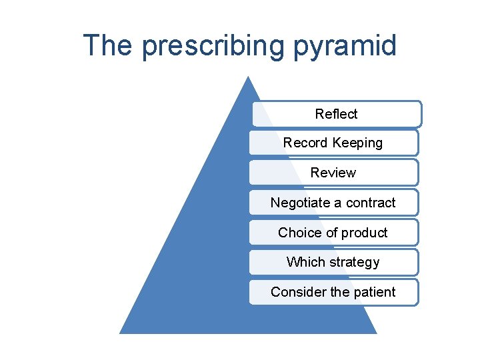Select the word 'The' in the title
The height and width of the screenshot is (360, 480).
(x=108, y=46)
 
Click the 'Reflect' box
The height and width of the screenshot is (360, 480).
(x=336, y=114)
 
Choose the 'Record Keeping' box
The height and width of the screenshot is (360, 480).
(x=333, y=143)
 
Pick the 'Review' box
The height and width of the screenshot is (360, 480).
(x=333, y=173)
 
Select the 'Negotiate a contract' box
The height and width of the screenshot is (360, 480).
(x=333, y=203)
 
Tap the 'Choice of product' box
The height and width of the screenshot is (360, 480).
(x=333, y=233)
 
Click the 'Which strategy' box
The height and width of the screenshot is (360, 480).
(x=333, y=262)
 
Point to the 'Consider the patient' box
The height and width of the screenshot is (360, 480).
(x=333, y=292)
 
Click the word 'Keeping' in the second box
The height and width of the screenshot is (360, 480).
(x=358, y=143)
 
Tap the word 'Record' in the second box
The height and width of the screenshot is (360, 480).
(x=305, y=143)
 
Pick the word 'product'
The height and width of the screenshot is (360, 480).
(x=365, y=233)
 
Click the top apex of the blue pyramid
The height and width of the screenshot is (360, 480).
(x=248, y=77)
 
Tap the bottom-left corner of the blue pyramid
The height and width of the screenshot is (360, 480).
(x=121, y=332)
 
